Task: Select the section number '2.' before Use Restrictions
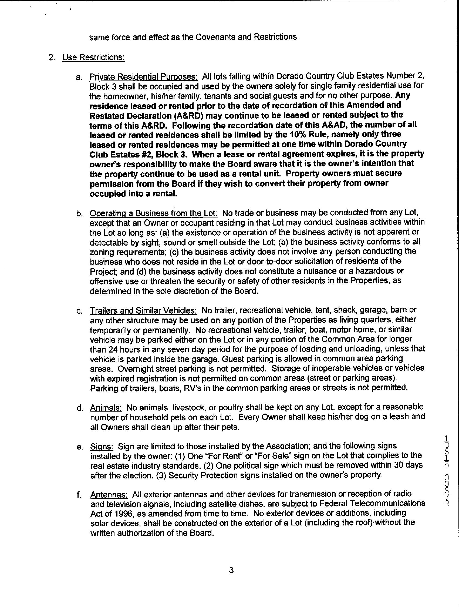click(x=52, y=58)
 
